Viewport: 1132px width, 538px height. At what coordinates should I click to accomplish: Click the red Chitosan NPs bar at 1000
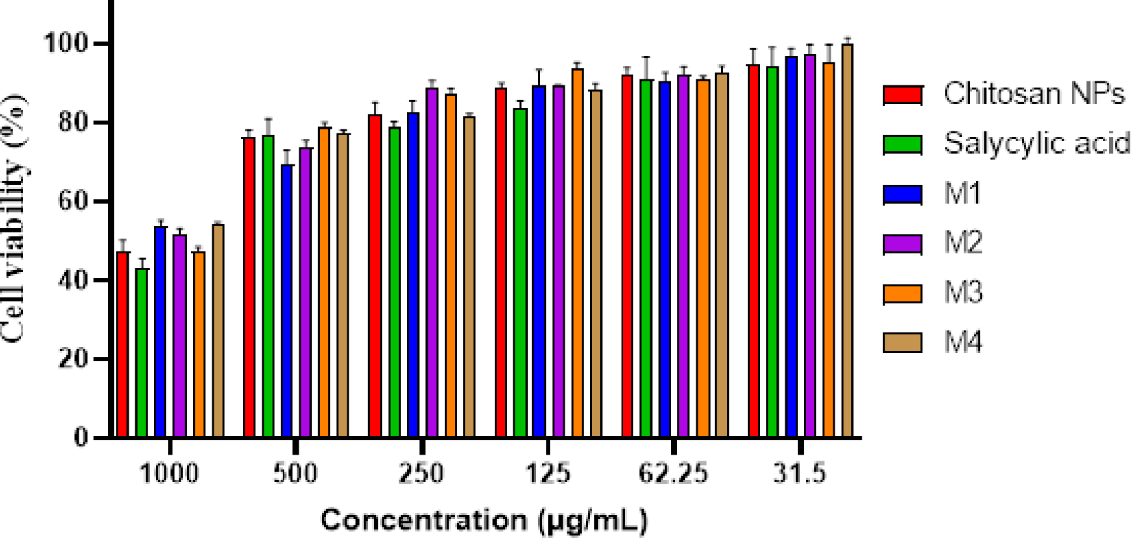pyautogui.click(x=123, y=345)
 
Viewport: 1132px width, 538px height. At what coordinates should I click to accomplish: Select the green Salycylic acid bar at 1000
pyautogui.click(x=142, y=352)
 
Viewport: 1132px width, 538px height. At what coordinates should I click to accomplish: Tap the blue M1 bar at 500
pyautogui.click(x=287, y=302)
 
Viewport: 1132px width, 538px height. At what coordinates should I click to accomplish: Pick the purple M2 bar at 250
pyautogui.click(x=432, y=262)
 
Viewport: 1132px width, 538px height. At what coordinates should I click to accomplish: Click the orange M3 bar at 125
pyautogui.click(x=577, y=252)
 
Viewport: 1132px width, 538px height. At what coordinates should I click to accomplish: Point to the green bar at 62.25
pyautogui.click(x=646, y=259)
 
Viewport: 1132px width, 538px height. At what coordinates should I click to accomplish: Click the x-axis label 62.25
pyautogui.click(x=673, y=474)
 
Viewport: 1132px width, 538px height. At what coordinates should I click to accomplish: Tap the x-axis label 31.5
pyautogui.click(x=800, y=474)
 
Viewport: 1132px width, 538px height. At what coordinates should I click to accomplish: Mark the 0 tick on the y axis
pyautogui.click(x=80, y=438)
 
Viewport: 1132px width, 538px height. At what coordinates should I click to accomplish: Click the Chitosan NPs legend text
pyautogui.click(x=1034, y=94)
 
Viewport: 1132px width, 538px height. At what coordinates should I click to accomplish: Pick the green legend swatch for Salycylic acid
pyautogui.click(x=902, y=144)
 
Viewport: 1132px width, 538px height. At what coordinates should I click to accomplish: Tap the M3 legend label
pyautogui.click(x=963, y=292)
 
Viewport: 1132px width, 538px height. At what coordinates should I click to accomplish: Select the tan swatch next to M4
pyautogui.click(x=902, y=342)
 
